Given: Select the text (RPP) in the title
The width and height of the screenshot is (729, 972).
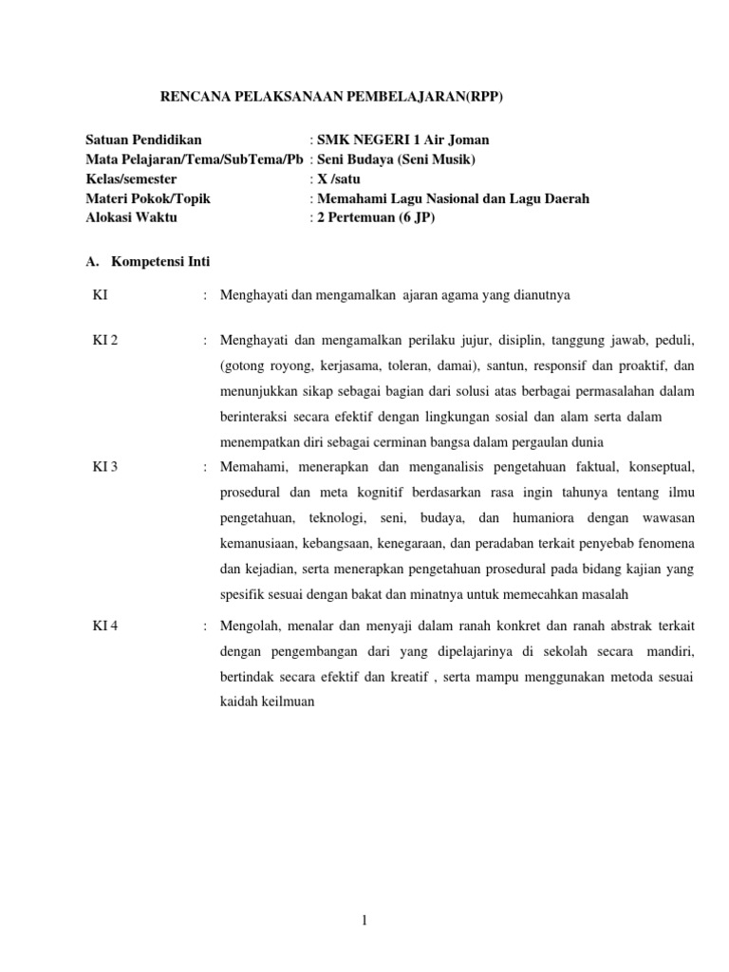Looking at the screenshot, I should coord(481,96).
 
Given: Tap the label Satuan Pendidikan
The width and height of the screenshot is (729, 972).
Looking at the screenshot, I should coord(143,140).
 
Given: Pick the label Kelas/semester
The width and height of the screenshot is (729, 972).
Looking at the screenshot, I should coord(131,178).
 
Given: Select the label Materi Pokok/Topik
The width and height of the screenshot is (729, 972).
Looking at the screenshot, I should coord(148,198).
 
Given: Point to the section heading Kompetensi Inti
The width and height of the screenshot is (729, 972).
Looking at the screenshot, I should coord(160,261).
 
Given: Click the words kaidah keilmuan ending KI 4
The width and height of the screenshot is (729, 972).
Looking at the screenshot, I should coord(267,702).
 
